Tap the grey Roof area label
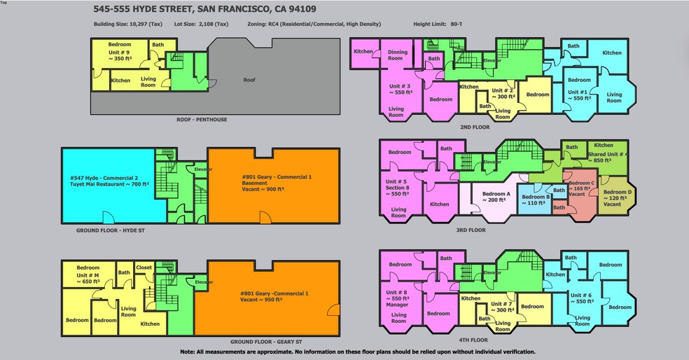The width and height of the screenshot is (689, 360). pos(249,80)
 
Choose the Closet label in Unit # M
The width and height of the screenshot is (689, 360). pos(144,268)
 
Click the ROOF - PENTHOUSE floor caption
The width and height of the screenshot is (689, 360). pos(202,120)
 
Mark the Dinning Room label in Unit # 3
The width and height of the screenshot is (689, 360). pos(398,55)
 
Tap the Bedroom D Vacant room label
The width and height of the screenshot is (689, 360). pos(617,198)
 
